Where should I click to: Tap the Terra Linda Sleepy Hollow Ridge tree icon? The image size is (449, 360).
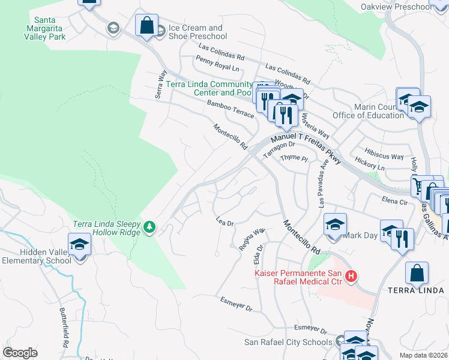[149, 227]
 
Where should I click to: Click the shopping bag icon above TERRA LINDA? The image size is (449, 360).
[417, 273]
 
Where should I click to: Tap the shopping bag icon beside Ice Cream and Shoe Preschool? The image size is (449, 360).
[146, 26]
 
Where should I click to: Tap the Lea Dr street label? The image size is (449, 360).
[224, 222]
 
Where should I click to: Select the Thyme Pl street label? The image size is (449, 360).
[294, 158]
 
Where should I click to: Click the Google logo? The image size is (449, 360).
[20, 353]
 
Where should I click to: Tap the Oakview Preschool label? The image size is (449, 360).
[396, 7]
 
